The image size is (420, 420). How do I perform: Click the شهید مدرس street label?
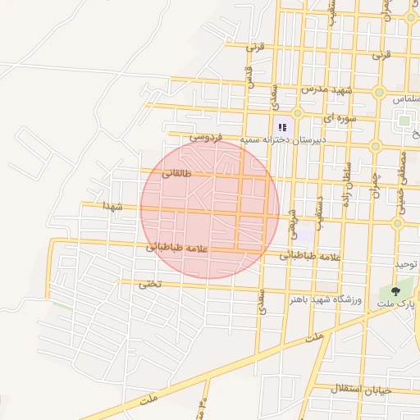pos(326,89)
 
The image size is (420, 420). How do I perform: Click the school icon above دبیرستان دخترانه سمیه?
pos(282,127)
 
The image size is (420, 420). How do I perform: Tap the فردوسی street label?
pos(206,136)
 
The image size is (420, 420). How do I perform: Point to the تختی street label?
pos(150,284)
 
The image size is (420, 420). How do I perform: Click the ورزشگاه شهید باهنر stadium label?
pos(325,297)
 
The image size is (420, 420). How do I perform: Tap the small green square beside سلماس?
pos(404,121)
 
